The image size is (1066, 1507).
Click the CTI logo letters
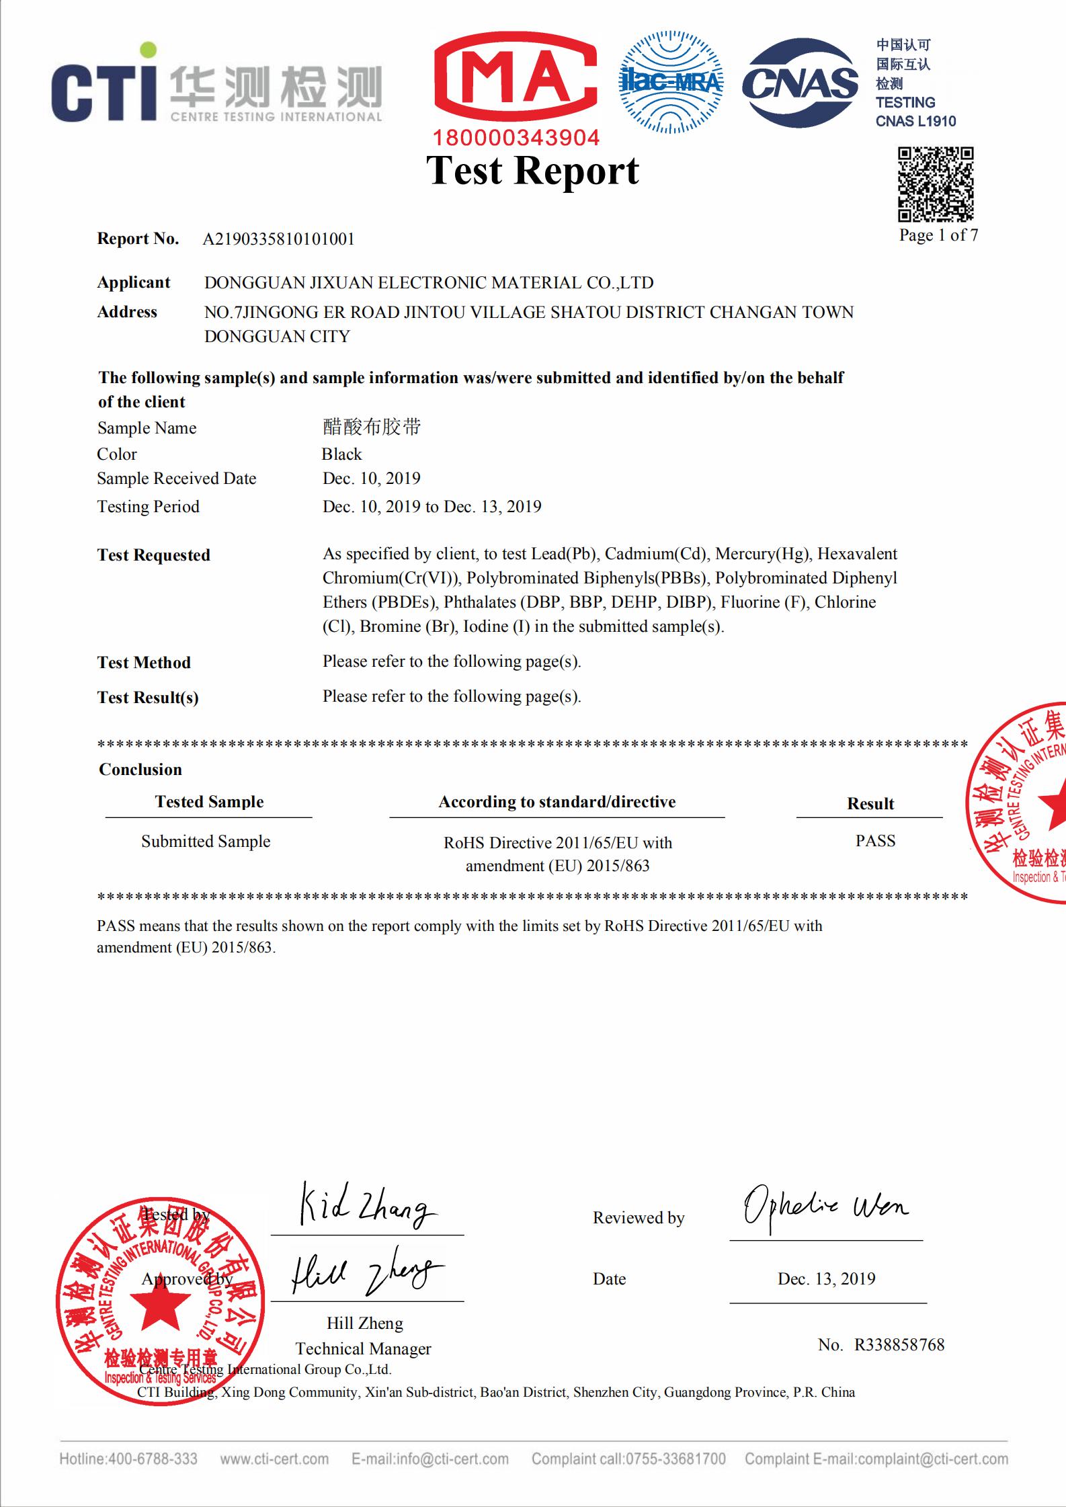(x=104, y=91)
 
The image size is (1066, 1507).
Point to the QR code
(x=936, y=184)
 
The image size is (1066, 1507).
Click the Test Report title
(x=532, y=171)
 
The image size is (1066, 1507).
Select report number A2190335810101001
(x=278, y=239)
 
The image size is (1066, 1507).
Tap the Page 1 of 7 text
(x=938, y=235)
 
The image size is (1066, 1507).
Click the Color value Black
(x=341, y=454)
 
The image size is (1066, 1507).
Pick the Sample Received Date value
(x=371, y=479)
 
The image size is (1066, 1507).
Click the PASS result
(x=875, y=841)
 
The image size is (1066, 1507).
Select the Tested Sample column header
(x=209, y=802)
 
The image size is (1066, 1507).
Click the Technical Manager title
(x=363, y=1348)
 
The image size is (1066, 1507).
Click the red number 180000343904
(x=516, y=138)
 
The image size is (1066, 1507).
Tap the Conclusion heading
(x=140, y=770)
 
